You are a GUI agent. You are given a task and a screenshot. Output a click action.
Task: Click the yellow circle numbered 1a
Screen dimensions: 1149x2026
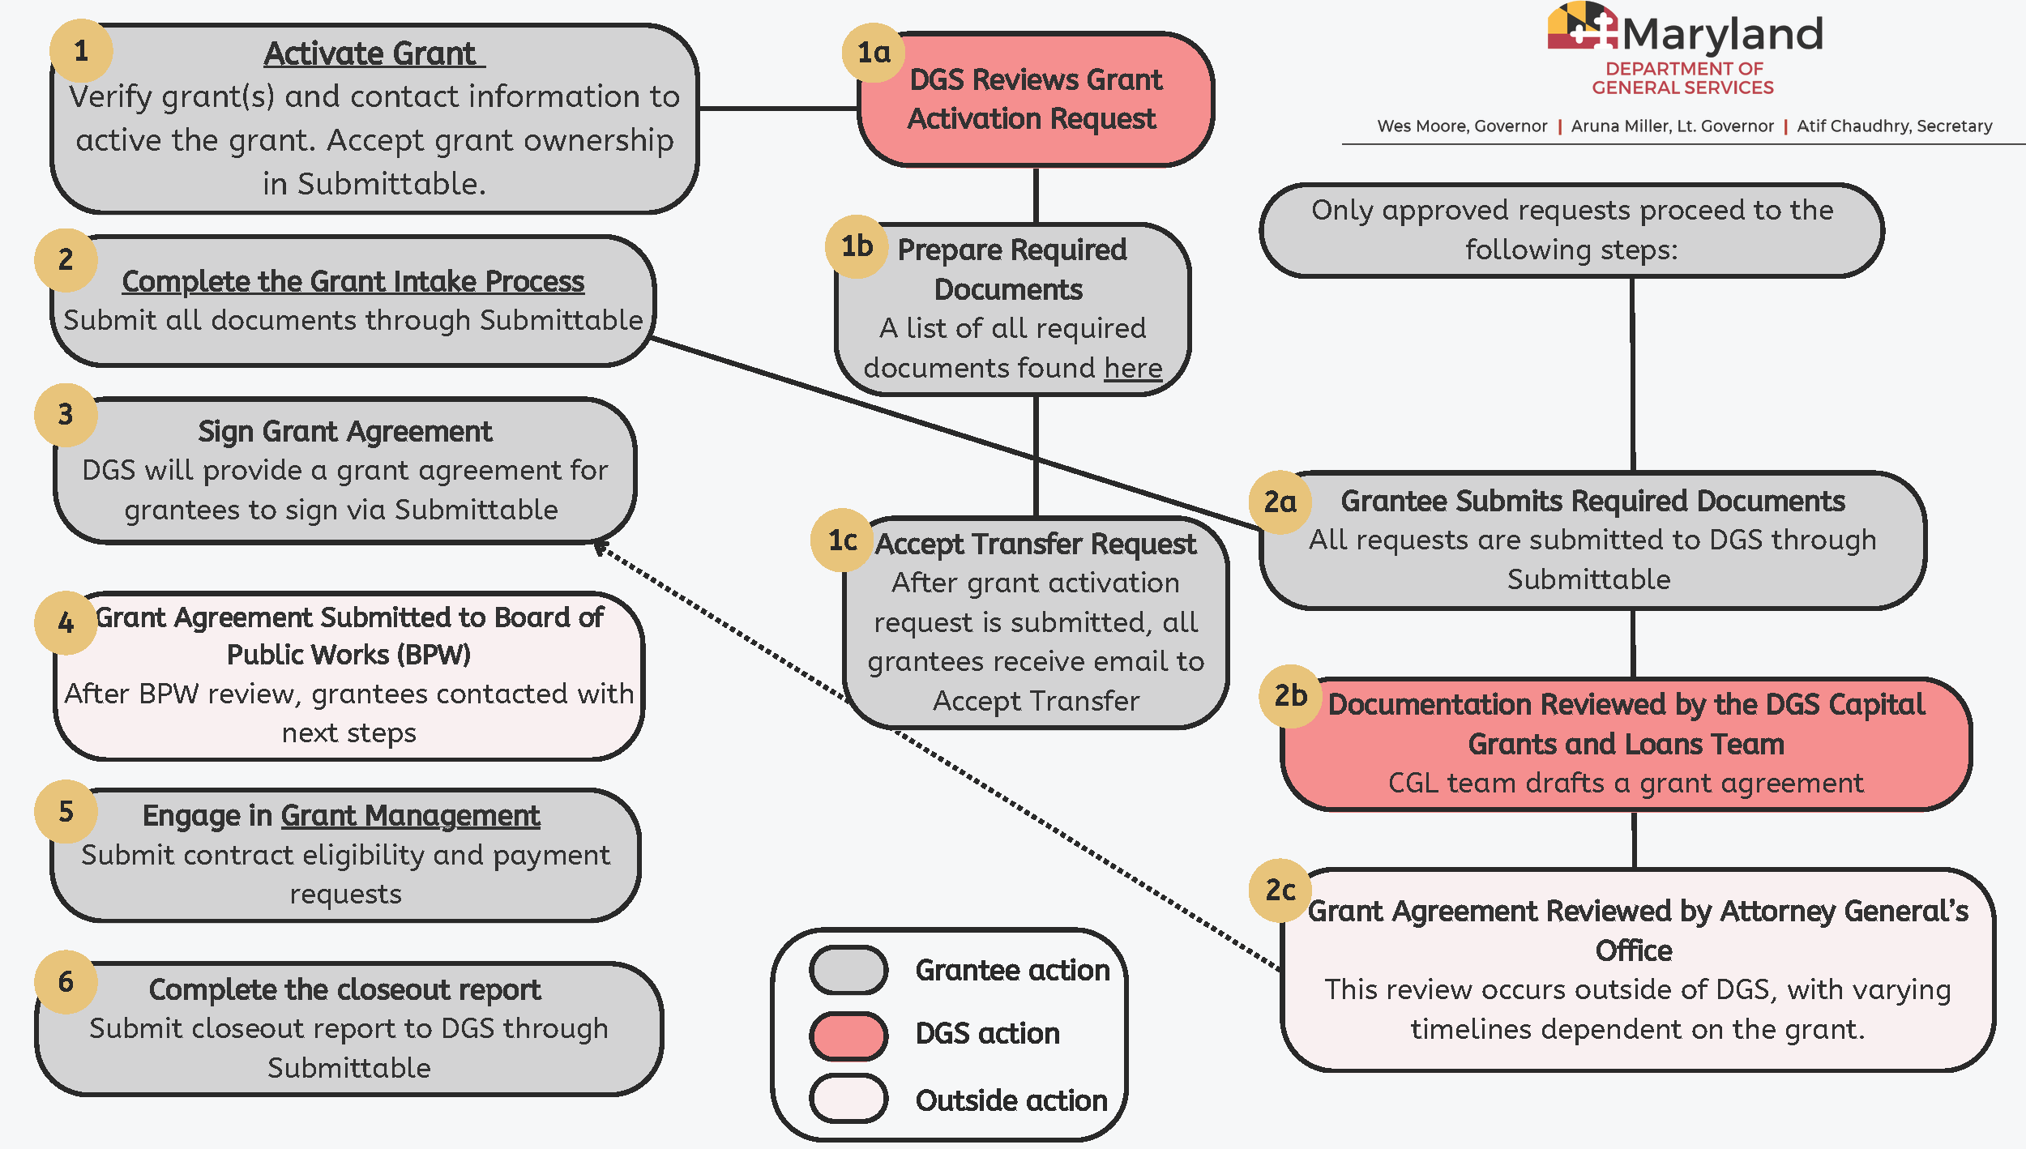tap(874, 53)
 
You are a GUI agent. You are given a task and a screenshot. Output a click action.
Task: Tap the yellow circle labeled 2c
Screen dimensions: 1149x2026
tap(1280, 890)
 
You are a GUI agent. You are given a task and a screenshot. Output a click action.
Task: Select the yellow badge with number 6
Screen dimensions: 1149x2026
tap(66, 981)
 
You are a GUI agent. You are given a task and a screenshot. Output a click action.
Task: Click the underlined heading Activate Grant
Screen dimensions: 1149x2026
tap(373, 54)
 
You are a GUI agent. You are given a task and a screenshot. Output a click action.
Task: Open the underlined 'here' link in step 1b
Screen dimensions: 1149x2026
tap(1133, 368)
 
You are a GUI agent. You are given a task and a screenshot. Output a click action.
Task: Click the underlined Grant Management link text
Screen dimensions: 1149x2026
tap(410, 815)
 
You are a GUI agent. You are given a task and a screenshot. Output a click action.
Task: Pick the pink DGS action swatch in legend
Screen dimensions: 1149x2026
tap(848, 1035)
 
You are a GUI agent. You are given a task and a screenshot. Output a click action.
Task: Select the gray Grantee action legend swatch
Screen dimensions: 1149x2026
tap(848, 969)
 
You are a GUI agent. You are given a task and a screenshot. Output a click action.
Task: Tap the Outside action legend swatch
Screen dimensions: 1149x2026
tap(848, 1099)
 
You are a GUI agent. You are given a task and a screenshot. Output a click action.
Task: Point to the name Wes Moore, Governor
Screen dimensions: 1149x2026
tap(1462, 126)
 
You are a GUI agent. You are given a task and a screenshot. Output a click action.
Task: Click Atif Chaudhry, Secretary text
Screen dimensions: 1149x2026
tap(1894, 126)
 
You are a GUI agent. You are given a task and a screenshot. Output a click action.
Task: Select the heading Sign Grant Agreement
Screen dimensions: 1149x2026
tap(345, 431)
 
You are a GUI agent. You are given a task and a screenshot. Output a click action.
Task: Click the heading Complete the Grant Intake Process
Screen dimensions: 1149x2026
tap(353, 281)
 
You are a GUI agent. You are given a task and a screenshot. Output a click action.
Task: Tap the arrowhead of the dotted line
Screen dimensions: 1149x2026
tap(601, 548)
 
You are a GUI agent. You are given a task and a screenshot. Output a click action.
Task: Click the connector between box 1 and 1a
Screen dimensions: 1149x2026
tap(778, 108)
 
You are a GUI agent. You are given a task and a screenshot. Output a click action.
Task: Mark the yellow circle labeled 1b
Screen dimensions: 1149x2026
tap(857, 246)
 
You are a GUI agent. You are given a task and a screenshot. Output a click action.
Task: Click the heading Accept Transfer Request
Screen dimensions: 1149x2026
tap(1035, 544)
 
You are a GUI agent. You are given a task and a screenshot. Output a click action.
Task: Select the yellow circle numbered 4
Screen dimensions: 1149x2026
tap(66, 621)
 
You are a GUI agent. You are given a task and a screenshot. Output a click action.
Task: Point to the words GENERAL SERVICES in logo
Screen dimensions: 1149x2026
tap(1682, 88)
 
